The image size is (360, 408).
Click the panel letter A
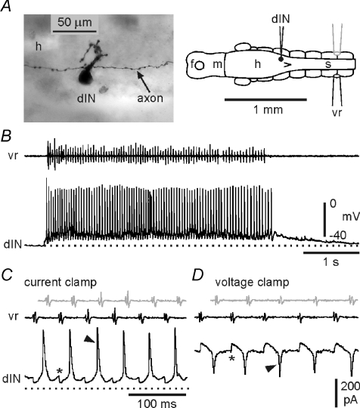(x=6, y=6)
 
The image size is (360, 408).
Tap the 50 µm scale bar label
(x=75, y=23)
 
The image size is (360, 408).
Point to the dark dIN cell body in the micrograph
(x=85, y=77)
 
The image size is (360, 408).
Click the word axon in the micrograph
(x=151, y=98)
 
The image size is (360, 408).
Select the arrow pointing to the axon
(x=144, y=82)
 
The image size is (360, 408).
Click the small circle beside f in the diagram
(x=200, y=66)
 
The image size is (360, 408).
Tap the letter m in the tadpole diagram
(x=218, y=64)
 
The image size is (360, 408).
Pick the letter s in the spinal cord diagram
(x=328, y=64)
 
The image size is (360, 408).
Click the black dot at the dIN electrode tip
(x=281, y=59)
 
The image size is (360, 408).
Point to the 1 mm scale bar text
(x=268, y=110)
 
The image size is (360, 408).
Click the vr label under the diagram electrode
(x=337, y=113)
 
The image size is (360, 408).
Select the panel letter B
(x=6, y=136)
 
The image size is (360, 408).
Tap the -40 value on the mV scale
(x=338, y=236)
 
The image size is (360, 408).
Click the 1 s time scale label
(x=331, y=261)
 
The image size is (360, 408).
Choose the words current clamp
(x=61, y=283)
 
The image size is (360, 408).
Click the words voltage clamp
(x=252, y=283)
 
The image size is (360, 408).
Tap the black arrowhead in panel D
(x=271, y=369)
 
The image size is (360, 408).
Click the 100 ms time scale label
(x=157, y=403)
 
